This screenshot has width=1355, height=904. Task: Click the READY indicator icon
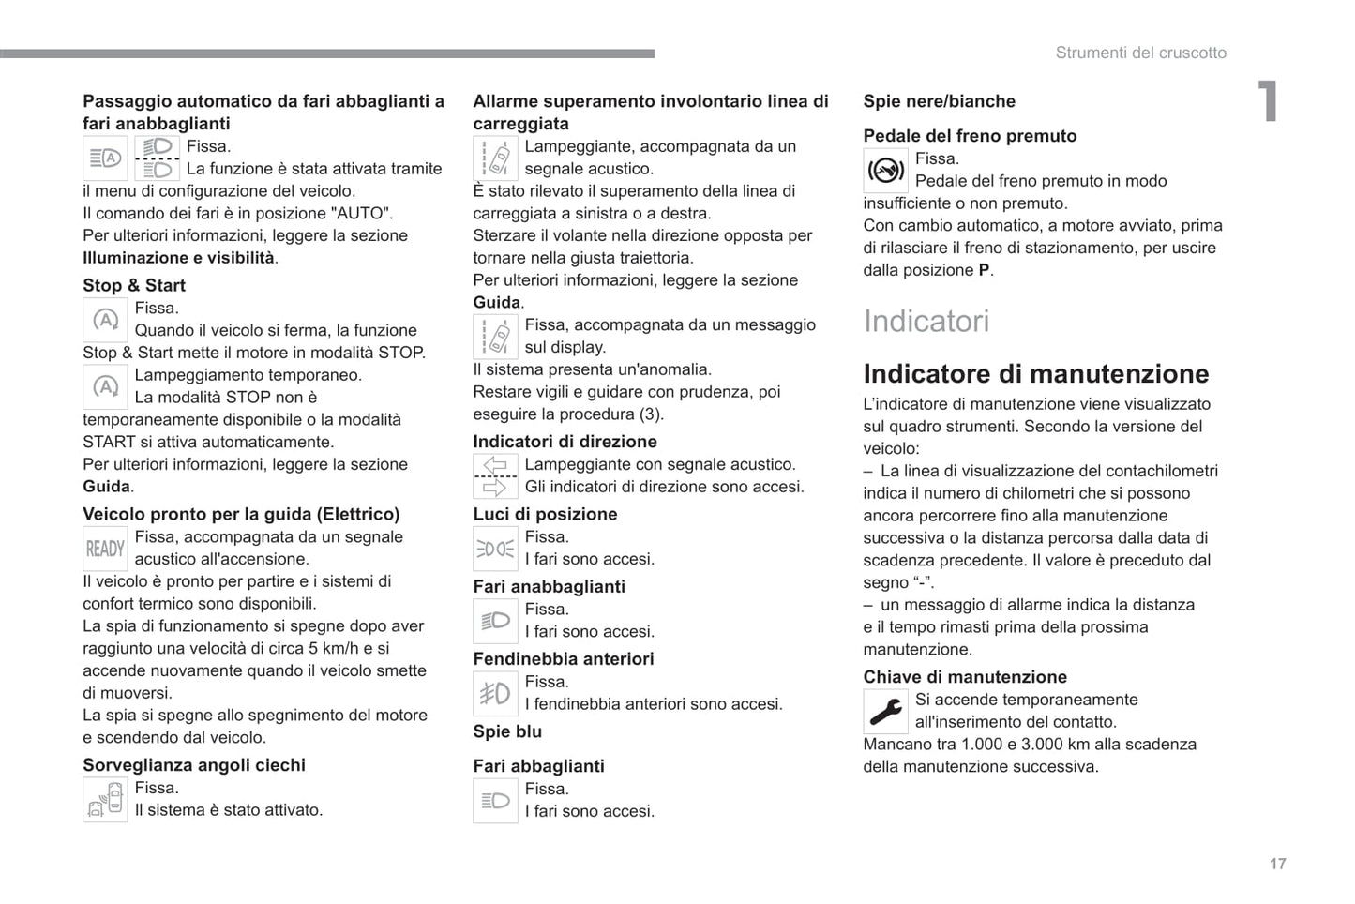point(105,549)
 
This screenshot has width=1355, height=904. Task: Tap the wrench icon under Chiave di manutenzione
point(885,712)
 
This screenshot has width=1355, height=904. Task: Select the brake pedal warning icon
point(885,171)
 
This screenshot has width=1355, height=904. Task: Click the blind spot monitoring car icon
point(105,800)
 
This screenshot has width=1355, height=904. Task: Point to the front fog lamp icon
point(495,694)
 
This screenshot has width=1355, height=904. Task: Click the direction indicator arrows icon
point(495,476)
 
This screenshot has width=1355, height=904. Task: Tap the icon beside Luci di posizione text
point(495,549)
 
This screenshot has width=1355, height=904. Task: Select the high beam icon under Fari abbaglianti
point(495,801)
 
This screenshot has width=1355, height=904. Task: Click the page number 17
point(1277,864)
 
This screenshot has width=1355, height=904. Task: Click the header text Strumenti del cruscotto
point(1140,53)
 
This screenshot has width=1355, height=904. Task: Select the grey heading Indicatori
point(926,321)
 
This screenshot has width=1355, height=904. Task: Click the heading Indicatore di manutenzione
point(1035,373)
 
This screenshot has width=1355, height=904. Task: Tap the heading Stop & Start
point(134,285)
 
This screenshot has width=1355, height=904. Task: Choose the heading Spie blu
point(507,731)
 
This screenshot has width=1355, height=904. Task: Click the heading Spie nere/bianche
point(939,101)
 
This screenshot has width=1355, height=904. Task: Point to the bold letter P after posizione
point(984,270)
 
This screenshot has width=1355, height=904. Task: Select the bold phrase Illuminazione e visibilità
point(178,258)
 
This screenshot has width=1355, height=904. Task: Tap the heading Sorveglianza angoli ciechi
point(194,765)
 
